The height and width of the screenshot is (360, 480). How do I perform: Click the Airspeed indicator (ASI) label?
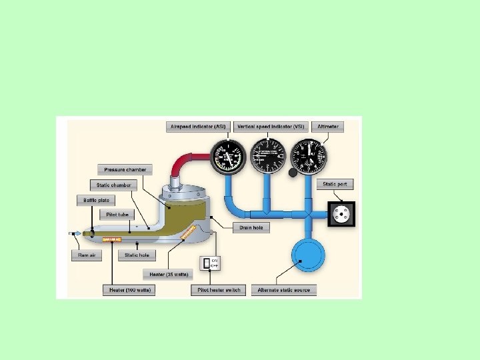(198, 127)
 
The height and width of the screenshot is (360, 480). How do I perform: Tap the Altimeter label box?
(327, 127)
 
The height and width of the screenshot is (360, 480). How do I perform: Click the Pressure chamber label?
(124, 169)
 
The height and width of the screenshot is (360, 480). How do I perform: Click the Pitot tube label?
(117, 215)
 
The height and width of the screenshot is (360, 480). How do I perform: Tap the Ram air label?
(87, 255)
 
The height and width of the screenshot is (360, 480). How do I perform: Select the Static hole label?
(137, 255)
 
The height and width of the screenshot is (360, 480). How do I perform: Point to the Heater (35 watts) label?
(168, 274)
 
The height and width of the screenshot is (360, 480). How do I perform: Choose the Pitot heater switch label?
(218, 290)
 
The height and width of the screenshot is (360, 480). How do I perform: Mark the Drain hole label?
(251, 227)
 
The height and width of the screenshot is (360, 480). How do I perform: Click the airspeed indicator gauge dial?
(228, 158)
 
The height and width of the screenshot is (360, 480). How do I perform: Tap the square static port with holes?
(341, 215)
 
